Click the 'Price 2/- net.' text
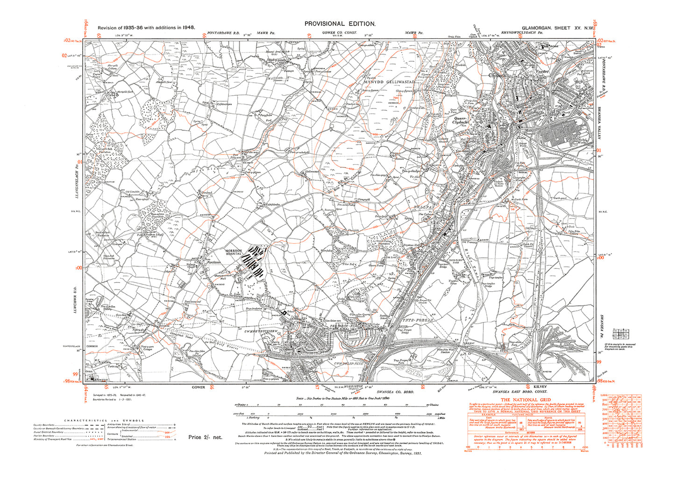click(x=206, y=437)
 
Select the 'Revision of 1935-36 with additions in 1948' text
click(x=146, y=28)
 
